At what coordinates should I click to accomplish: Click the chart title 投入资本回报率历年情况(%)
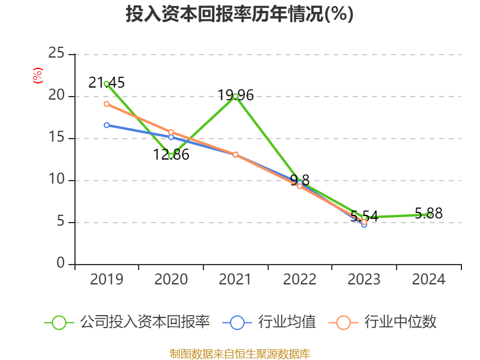(x=239, y=14)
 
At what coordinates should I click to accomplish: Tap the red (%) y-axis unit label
(x=38, y=76)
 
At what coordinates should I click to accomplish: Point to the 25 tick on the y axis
(x=56, y=53)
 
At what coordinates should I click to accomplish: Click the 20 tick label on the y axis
(x=56, y=96)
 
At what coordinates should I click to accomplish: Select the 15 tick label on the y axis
(x=56, y=138)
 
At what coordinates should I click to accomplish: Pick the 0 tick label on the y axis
(x=61, y=264)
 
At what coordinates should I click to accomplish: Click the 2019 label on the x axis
(x=106, y=280)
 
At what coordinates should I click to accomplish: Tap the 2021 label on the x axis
(x=235, y=280)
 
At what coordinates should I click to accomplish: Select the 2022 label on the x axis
(x=299, y=280)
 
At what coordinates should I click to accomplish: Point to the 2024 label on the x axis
(x=428, y=280)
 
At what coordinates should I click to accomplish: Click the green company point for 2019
(x=106, y=83)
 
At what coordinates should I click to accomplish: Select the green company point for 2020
(x=171, y=156)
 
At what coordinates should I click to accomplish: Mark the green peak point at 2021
(x=235, y=96)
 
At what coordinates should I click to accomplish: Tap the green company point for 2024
(x=429, y=215)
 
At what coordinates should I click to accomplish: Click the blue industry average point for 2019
(x=106, y=125)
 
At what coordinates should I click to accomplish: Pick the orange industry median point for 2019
(x=106, y=104)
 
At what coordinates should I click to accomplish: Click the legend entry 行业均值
(x=270, y=322)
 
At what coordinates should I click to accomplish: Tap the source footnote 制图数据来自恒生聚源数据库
(x=239, y=353)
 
